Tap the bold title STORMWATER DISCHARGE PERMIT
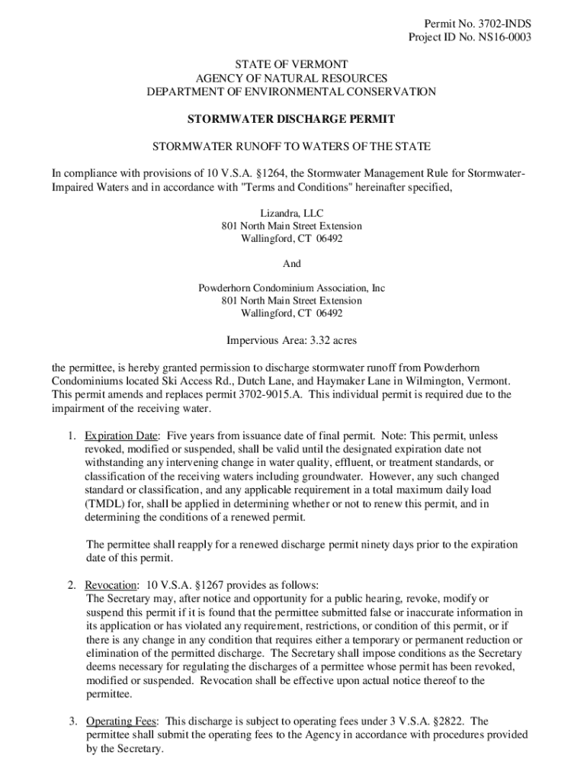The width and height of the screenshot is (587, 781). tap(291, 120)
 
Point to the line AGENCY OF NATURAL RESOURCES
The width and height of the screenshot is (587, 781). tap(291, 79)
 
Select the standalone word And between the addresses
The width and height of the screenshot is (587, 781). tap(291, 264)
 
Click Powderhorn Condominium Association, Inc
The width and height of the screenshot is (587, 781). tap(291, 288)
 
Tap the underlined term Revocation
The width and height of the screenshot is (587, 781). tap(111, 585)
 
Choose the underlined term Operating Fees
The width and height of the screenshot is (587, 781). tap(122, 721)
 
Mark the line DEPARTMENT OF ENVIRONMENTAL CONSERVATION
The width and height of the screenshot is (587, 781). tap(291, 92)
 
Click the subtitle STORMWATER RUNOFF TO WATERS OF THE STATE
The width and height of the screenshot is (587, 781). tap(291, 146)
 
